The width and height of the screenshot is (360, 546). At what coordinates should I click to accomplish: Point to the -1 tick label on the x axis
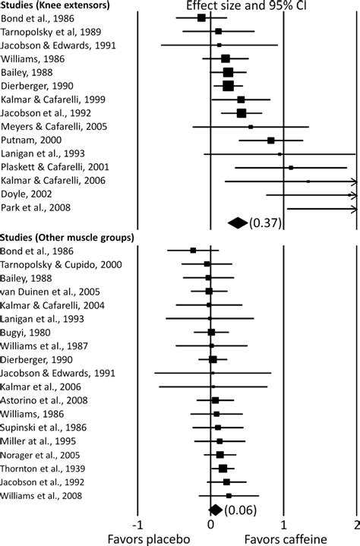tap(137, 523)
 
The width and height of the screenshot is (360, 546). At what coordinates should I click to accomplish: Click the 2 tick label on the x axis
tap(355, 523)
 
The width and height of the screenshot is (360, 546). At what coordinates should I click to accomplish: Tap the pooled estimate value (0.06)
tap(238, 510)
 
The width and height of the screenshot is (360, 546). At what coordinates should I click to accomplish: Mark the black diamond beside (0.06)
tap(215, 510)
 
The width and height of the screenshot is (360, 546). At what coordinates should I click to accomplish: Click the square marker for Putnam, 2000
tap(270, 140)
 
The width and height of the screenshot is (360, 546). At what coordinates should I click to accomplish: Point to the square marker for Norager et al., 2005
tap(220, 454)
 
